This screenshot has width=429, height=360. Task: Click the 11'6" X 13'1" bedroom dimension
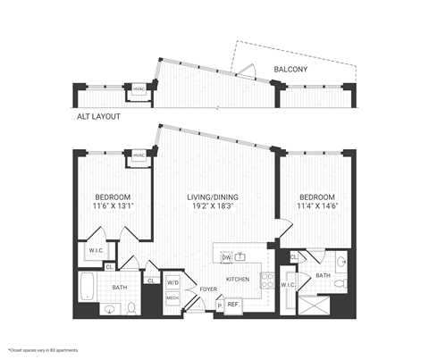click(x=114, y=206)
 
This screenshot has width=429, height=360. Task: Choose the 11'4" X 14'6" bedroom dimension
click(x=317, y=206)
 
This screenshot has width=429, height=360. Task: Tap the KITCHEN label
click(x=237, y=280)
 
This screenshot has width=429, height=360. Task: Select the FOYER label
click(x=207, y=289)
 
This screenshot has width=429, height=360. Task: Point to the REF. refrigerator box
click(x=234, y=306)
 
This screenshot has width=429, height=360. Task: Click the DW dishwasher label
click(x=227, y=257)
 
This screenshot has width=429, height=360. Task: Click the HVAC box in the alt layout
click(x=139, y=89)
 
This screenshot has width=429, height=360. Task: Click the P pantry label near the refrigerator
click(x=219, y=306)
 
